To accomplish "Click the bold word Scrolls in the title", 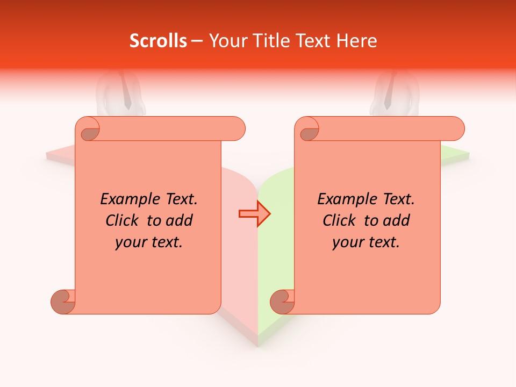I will click(158, 41).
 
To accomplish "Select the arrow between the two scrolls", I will click(254, 214).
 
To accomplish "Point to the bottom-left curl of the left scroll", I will click(63, 301).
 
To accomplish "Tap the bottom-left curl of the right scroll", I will click(282, 301).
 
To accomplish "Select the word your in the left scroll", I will click(130, 243).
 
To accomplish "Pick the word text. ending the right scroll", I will click(383, 243).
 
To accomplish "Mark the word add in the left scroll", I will click(179, 221).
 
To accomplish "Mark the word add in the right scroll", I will click(396, 221).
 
